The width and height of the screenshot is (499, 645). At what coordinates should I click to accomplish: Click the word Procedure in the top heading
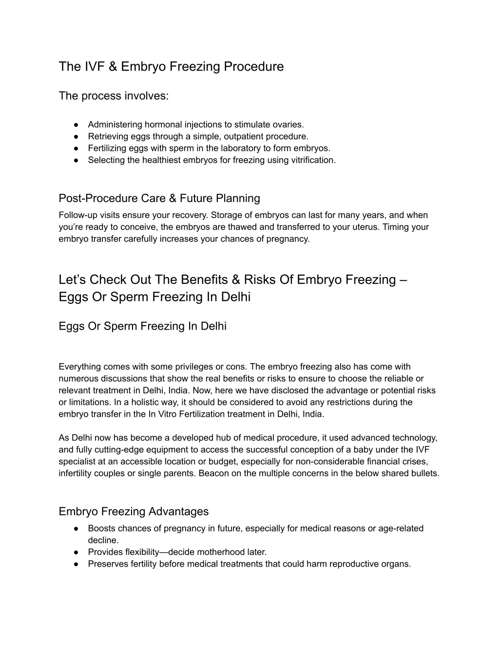[253, 67]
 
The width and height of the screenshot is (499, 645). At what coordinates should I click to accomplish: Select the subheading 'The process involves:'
[114, 96]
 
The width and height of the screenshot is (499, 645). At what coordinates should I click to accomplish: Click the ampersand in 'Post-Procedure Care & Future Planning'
[172, 199]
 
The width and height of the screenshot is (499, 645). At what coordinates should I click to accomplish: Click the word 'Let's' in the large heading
[73, 280]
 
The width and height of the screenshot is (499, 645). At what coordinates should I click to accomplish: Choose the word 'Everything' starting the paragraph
[79, 367]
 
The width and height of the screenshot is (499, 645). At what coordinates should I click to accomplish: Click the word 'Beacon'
[213, 473]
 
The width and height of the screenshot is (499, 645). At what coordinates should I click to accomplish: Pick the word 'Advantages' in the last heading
[178, 512]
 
